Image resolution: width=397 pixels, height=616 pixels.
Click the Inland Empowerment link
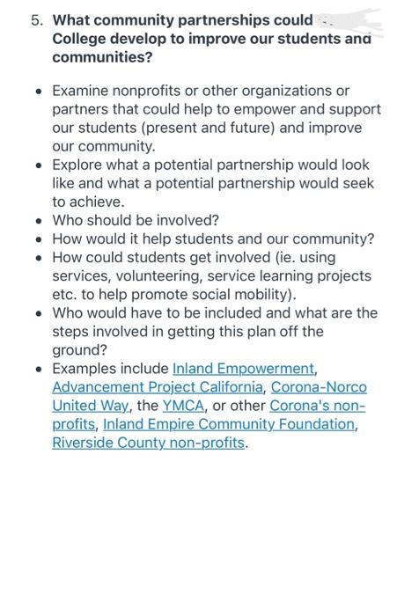point(244,369)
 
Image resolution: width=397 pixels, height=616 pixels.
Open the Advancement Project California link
point(158,387)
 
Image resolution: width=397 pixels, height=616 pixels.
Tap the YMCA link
point(183,406)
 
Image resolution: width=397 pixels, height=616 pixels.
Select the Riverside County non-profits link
point(149,443)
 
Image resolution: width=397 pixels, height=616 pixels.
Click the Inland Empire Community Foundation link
point(230,424)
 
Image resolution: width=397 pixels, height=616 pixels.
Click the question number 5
point(36,20)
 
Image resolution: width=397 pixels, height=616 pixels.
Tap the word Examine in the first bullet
point(84,91)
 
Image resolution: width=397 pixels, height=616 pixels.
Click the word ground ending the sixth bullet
point(77,349)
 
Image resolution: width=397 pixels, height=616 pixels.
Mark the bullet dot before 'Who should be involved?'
point(38,221)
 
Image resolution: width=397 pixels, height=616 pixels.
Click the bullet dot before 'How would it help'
point(38,239)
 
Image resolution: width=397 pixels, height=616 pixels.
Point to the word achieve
point(99,202)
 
